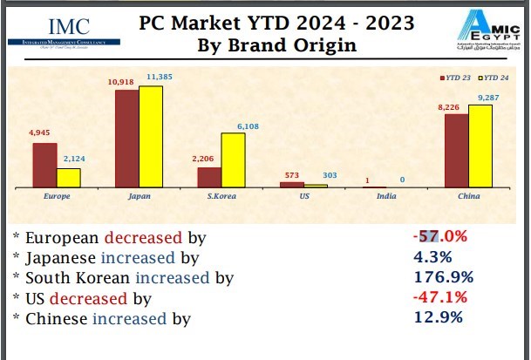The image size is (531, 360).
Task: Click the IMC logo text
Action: [73, 25]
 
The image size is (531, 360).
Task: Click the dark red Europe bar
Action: [44, 166]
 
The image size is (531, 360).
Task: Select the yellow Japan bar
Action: [151, 137]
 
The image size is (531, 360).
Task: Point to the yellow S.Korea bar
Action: [232, 160]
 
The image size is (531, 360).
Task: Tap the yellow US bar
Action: [316, 186]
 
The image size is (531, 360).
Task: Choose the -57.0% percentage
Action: [440, 236]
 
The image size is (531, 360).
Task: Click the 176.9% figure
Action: [442, 278]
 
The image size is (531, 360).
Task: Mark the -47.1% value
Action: [440, 298]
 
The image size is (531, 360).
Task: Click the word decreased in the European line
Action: [144, 237]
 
